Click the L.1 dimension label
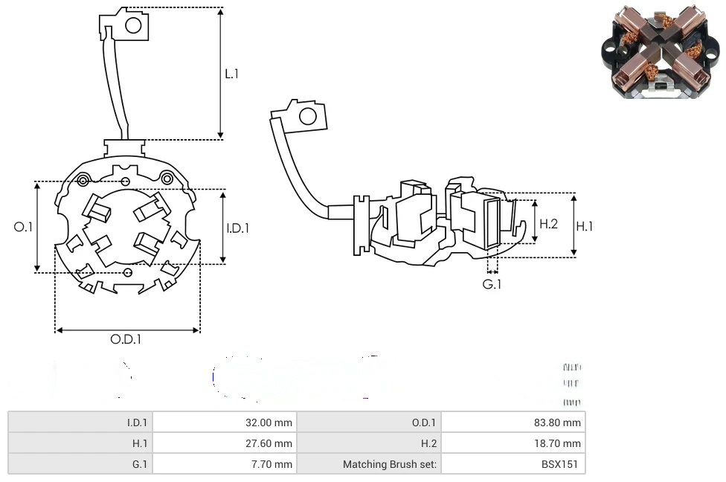pyautogui.click(x=232, y=74)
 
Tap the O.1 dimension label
pyautogui.click(x=24, y=226)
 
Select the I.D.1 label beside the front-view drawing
pyautogui.click(x=237, y=228)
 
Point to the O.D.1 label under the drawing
pyautogui.click(x=126, y=339)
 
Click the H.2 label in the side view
pyautogui.click(x=548, y=223)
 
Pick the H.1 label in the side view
pyautogui.click(x=585, y=226)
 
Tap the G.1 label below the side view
pyautogui.click(x=492, y=284)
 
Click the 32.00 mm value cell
pyautogui.click(x=269, y=422)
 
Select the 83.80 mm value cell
pyautogui.click(x=561, y=422)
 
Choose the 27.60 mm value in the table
pyautogui.click(x=269, y=443)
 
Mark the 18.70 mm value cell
pyautogui.click(x=561, y=443)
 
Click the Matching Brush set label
pyautogui.click(x=390, y=464)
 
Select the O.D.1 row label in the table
pyautogui.click(x=424, y=422)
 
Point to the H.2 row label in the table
pyautogui.click(x=428, y=443)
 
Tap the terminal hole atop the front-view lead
pyautogui.click(x=133, y=26)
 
